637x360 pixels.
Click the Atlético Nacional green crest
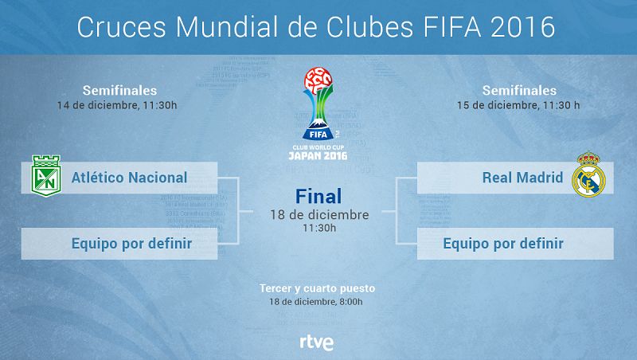pyautogui.click(x=46, y=175)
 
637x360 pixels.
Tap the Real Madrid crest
pyautogui.click(x=588, y=174)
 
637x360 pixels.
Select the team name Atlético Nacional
pyautogui.click(x=129, y=178)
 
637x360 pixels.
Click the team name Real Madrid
pyautogui.click(x=522, y=178)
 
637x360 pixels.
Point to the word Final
pyautogui.click(x=318, y=196)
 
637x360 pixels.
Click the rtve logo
pyautogui.click(x=317, y=342)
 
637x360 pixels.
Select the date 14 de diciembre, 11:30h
pyautogui.click(x=117, y=105)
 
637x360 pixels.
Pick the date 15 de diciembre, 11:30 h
pyautogui.click(x=518, y=105)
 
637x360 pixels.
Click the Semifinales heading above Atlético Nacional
pyautogui.click(x=119, y=90)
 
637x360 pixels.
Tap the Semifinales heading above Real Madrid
pyautogui.click(x=519, y=90)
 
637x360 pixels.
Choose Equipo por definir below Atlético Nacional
pyautogui.click(x=131, y=244)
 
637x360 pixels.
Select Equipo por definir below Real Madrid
pyautogui.click(x=503, y=244)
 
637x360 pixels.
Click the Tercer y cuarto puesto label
pyautogui.click(x=317, y=288)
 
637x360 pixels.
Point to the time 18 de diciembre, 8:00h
pyautogui.click(x=316, y=302)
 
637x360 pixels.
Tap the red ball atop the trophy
pyautogui.click(x=318, y=80)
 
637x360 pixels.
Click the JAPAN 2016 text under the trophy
pyautogui.click(x=318, y=155)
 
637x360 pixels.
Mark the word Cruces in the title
pyautogui.click(x=122, y=27)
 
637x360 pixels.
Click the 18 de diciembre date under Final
pyautogui.click(x=320, y=214)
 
